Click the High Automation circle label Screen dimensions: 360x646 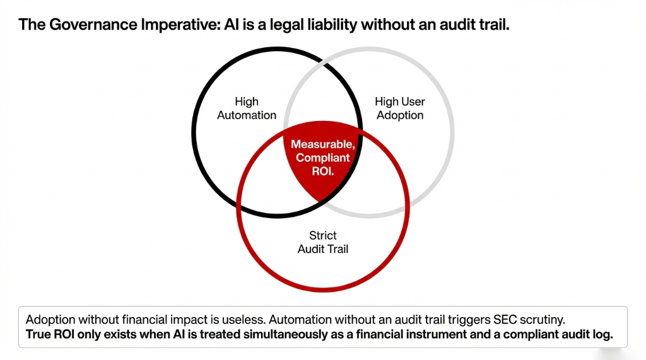[247, 108]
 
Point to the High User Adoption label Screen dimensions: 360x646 [400, 108]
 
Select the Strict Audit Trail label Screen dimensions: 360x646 [323, 242]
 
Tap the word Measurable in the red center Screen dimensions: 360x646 [322, 144]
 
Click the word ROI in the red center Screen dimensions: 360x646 [323, 171]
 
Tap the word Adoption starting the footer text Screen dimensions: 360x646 [50, 319]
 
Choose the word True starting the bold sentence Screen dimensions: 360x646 [39, 334]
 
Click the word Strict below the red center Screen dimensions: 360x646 [323, 235]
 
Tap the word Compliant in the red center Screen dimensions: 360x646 [323, 158]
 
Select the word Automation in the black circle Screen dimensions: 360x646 [247, 115]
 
